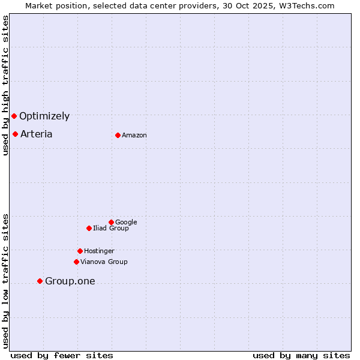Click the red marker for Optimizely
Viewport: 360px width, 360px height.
[14, 116]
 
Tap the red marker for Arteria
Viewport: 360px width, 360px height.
[15, 134]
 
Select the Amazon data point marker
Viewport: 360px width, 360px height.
[118, 135]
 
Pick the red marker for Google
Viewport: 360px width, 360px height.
[111, 222]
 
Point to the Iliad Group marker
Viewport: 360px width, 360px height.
[89, 228]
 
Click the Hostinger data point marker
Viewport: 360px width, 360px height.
[80, 251]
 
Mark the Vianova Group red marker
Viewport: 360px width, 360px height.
[76, 262]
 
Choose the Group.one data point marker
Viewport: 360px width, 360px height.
[40, 281]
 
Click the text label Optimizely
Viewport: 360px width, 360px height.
[44, 116]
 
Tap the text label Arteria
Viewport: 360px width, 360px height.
[36, 134]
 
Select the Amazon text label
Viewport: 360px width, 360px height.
[134, 136]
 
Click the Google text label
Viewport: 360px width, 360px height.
[126, 223]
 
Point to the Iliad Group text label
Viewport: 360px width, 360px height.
[111, 229]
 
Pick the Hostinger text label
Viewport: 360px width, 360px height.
[99, 251]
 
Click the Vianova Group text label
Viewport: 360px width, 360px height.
[104, 262]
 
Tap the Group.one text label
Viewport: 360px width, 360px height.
[70, 281]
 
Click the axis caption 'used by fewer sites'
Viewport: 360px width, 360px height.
[62, 355]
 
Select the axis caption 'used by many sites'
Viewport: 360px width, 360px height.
[301, 355]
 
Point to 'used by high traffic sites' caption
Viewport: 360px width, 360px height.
[5, 85]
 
